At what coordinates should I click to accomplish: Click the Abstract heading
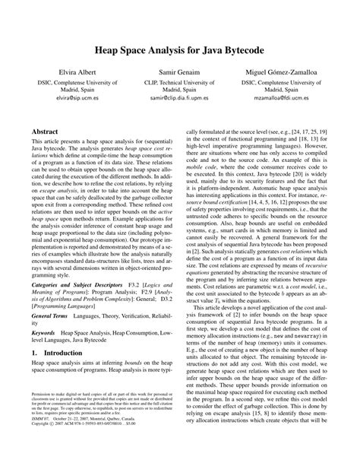click(46, 131)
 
